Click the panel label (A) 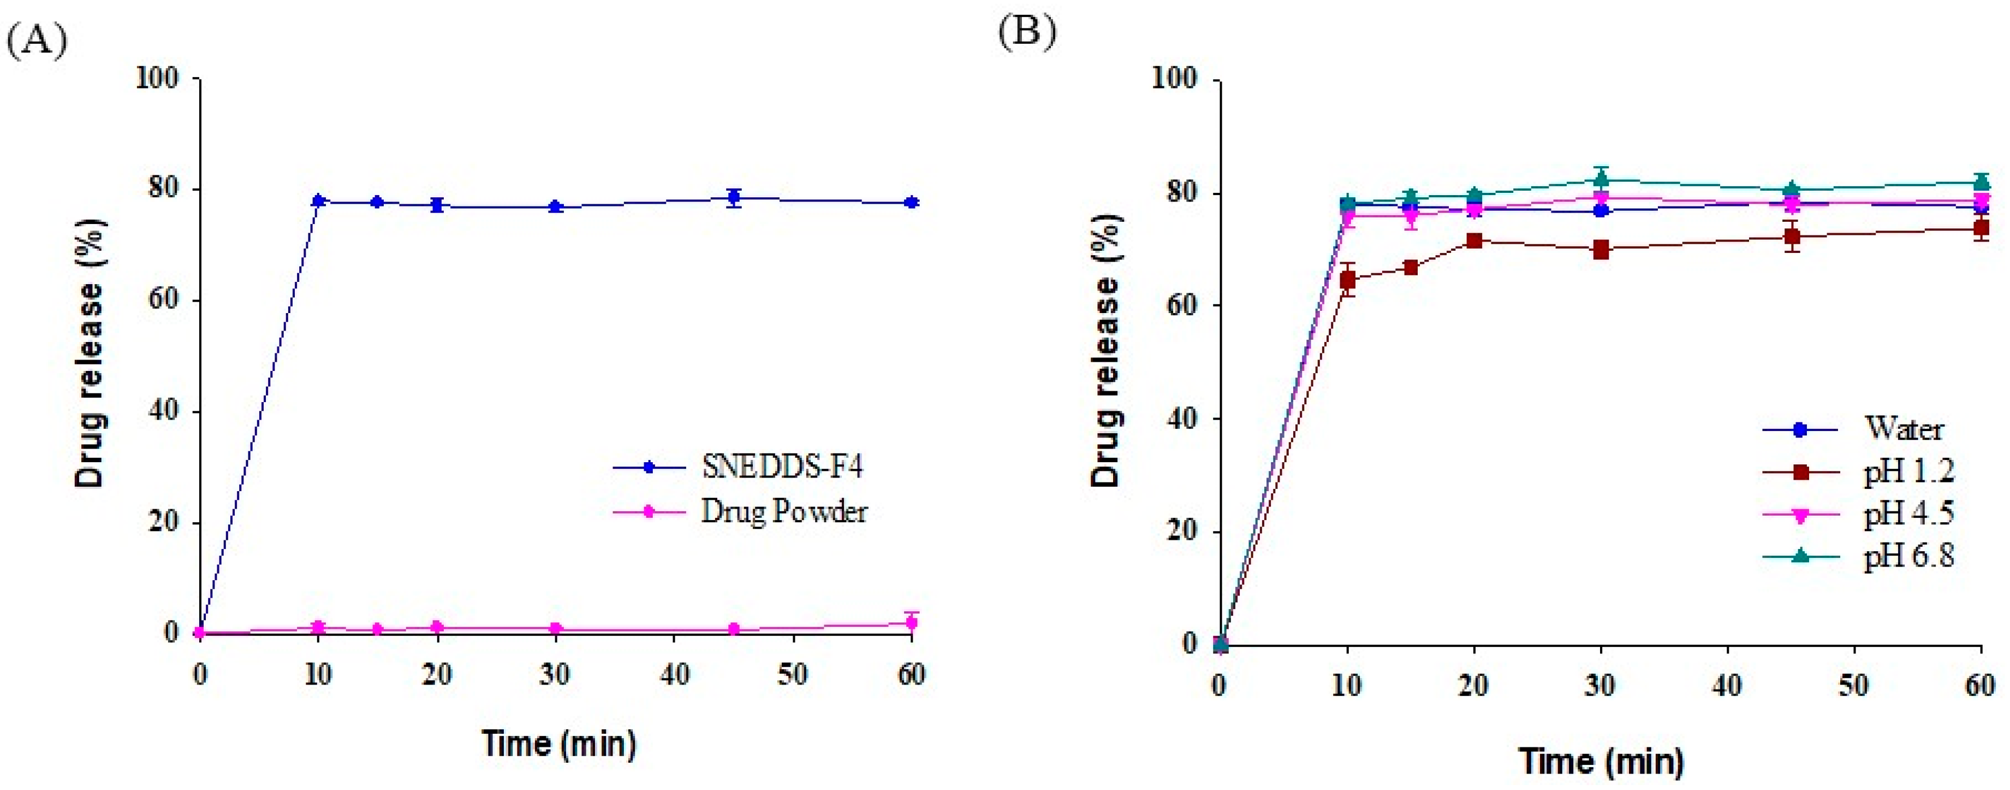[x=37, y=40]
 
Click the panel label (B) [x=1027, y=32]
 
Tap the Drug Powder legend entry [x=783, y=511]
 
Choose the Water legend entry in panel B [x=1903, y=428]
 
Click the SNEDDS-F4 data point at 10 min [x=318, y=201]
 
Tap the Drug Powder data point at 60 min [x=911, y=622]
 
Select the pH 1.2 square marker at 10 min [x=1347, y=280]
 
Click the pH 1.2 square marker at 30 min [x=1601, y=250]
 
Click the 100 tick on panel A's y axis [x=157, y=78]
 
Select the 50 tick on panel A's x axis [x=793, y=674]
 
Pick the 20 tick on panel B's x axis [x=1473, y=686]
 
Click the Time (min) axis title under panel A [x=558, y=742]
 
